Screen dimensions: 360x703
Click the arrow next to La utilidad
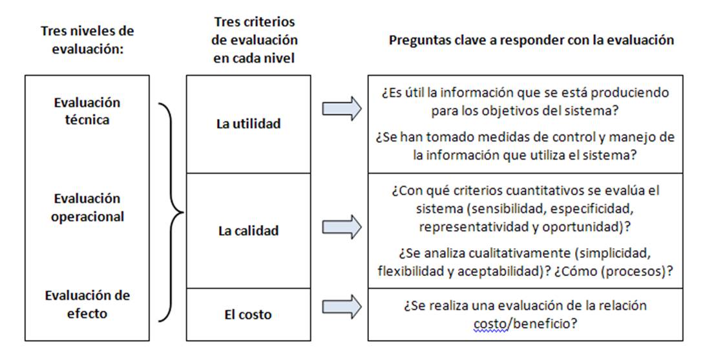342,109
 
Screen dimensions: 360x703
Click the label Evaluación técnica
87,111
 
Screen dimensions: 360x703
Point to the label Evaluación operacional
87,207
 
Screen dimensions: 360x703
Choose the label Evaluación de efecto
87,304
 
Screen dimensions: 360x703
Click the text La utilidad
249,124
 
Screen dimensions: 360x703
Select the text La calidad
249,231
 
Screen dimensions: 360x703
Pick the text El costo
249,315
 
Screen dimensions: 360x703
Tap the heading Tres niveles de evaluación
87,39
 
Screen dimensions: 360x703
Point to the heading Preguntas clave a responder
531,40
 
